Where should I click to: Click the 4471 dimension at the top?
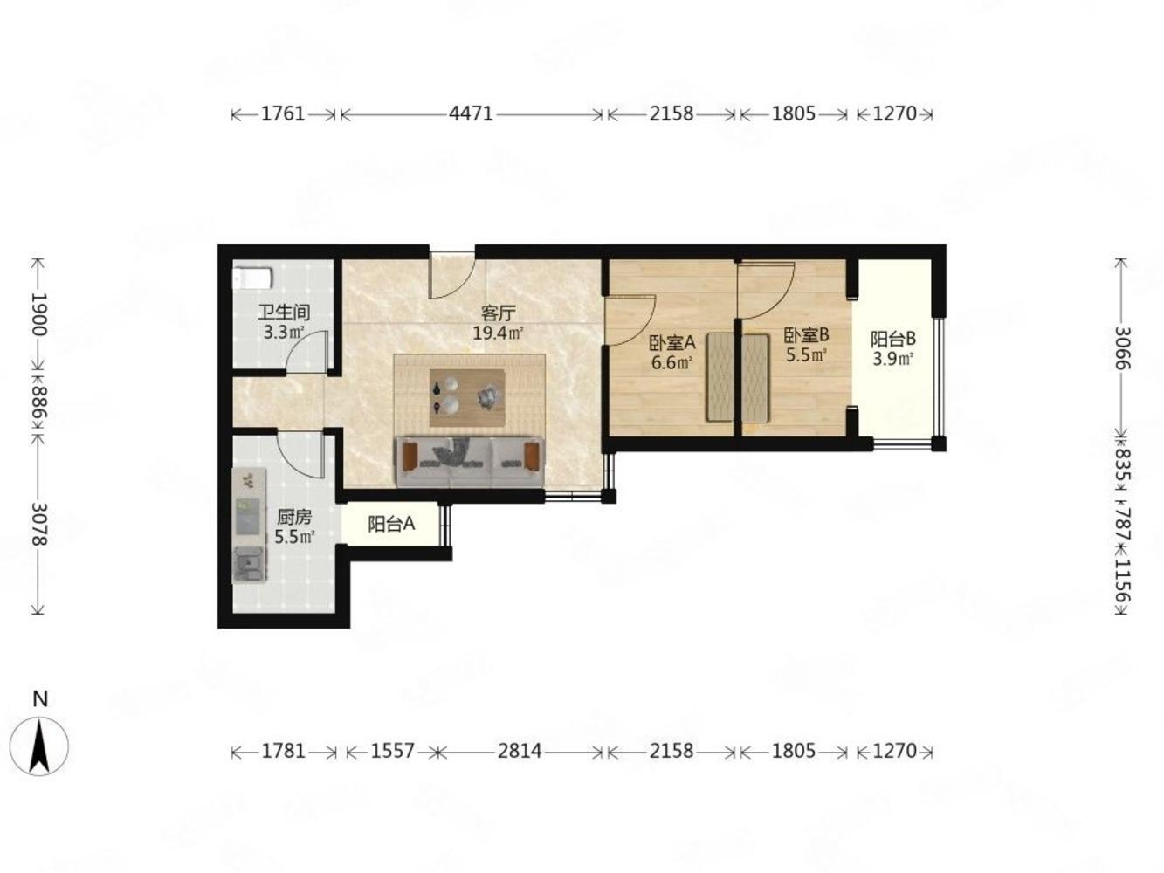click(471, 113)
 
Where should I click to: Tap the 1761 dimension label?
click(283, 113)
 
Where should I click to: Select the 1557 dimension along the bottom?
click(392, 751)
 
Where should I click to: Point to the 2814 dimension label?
click(520, 751)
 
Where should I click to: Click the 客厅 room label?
click(498, 313)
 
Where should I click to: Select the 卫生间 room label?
click(284, 313)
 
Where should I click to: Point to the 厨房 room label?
click(294, 517)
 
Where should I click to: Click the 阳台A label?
click(391, 524)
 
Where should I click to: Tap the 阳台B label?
click(893, 339)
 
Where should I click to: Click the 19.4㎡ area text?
click(498, 333)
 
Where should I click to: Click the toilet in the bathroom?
click(252, 278)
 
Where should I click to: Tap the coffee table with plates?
click(466, 397)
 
